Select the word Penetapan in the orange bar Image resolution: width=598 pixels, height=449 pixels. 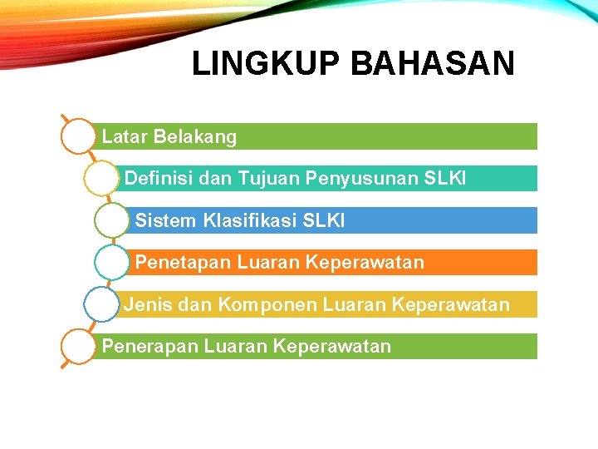click(183, 263)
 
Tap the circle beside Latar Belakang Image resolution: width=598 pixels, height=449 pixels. click(79, 136)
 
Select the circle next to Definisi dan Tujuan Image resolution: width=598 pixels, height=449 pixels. click(100, 178)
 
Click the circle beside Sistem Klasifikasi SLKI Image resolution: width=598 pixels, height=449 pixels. click(111, 220)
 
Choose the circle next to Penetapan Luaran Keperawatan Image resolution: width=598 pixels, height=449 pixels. click(111, 263)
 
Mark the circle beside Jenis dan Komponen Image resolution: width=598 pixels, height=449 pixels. click(100, 304)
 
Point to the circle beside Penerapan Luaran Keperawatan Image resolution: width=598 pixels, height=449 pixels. click(79, 346)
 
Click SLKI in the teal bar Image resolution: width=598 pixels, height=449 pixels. click(445, 178)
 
